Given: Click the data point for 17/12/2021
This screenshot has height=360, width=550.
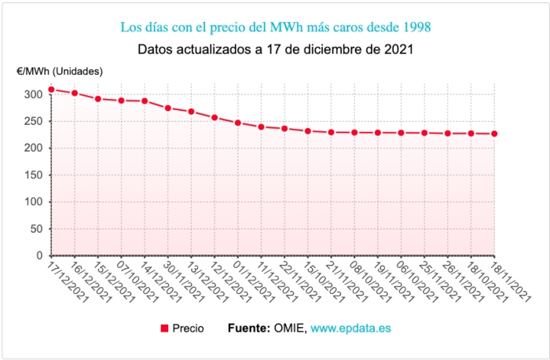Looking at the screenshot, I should click(x=51, y=90).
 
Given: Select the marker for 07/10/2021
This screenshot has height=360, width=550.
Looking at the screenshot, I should click(x=121, y=101).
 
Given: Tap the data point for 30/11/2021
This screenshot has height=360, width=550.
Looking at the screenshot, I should click(x=168, y=108).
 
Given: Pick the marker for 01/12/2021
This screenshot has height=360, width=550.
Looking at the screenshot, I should click(x=238, y=123).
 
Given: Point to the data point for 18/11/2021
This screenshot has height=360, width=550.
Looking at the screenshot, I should click(x=494, y=134).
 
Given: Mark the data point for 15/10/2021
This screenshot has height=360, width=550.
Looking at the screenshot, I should click(x=308, y=130).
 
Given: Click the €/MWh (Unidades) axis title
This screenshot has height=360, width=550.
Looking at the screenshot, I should click(x=60, y=72).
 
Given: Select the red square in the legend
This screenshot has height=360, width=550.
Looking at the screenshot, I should click(x=164, y=328).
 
